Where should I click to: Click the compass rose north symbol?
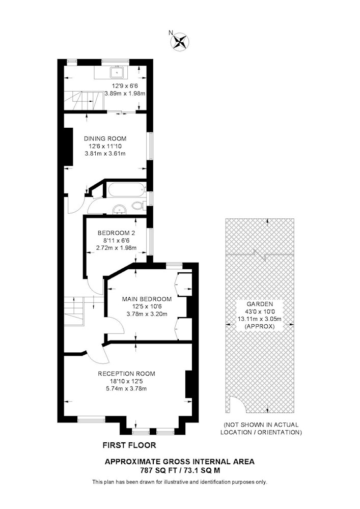(x=180, y=42)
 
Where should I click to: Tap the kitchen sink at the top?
(x=116, y=72)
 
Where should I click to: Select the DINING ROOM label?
(x=105, y=138)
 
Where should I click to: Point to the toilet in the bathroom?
(x=139, y=205)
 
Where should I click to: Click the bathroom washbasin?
(x=119, y=210)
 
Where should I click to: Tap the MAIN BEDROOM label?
(x=147, y=299)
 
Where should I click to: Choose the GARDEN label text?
(x=260, y=304)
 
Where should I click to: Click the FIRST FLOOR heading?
(x=129, y=445)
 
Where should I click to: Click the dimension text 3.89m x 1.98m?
(x=124, y=94)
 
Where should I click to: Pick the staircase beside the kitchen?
(x=84, y=101)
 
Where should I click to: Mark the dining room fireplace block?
(x=69, y=147)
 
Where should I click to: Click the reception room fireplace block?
(x=189, y=384)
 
